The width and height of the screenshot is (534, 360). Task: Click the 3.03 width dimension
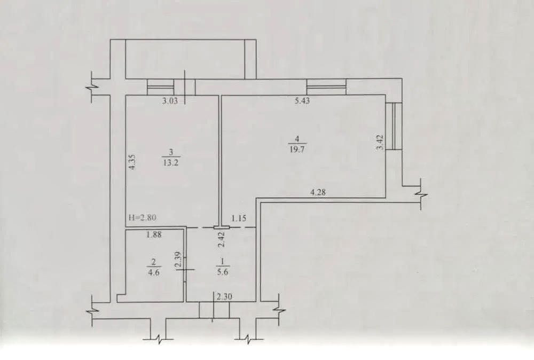coord(170,101)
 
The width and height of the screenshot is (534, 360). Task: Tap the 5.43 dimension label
coord(302,101)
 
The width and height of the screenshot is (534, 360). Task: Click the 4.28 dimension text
coord(318,192)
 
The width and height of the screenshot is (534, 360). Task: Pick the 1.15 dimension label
coord(239,218)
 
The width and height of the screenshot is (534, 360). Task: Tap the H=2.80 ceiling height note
coord(143,217)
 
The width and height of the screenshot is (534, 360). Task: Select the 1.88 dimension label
coord(154,234)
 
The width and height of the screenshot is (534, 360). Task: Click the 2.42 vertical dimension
coord(221,239)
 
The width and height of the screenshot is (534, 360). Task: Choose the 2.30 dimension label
coord(224,297)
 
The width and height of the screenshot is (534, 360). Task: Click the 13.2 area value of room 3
coord(171,162)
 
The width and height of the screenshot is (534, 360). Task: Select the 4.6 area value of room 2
coord(154,272)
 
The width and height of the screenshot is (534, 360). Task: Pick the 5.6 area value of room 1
coord(222,272)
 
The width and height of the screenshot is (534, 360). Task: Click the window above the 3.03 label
coord(160,87)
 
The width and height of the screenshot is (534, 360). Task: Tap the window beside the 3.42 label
coord(394,126)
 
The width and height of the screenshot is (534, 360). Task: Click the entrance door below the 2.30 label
coord(214,310)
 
